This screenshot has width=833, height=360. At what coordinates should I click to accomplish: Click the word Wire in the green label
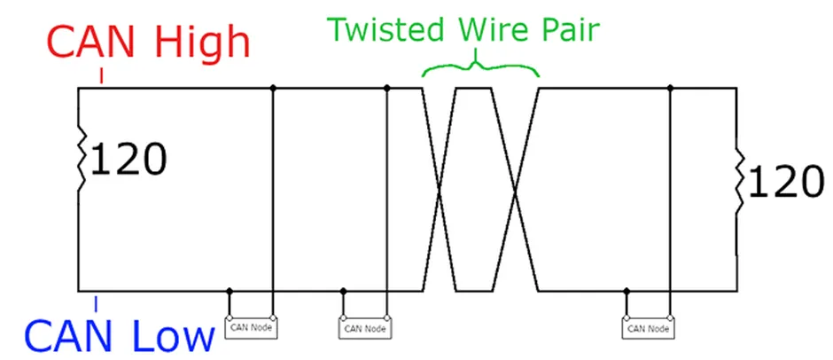coord(485,29)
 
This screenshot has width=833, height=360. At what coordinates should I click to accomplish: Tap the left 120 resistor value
coord(128,161)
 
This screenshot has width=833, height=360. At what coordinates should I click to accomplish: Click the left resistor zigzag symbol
coord(81,160)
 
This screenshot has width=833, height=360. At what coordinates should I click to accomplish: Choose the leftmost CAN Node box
coord(252,327)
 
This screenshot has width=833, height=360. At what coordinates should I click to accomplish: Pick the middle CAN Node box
coord(364,327)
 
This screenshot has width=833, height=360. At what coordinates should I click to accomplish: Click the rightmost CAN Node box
coord(648,327)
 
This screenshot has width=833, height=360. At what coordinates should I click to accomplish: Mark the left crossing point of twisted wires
coord(440,189)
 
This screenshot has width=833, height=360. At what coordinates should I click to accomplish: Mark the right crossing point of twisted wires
coord(516,189)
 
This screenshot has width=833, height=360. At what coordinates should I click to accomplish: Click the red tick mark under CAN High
coord(102,77)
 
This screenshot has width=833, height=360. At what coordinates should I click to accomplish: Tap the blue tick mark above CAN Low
coord(96,302)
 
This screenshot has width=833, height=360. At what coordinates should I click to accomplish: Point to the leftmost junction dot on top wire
coord(273,88)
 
